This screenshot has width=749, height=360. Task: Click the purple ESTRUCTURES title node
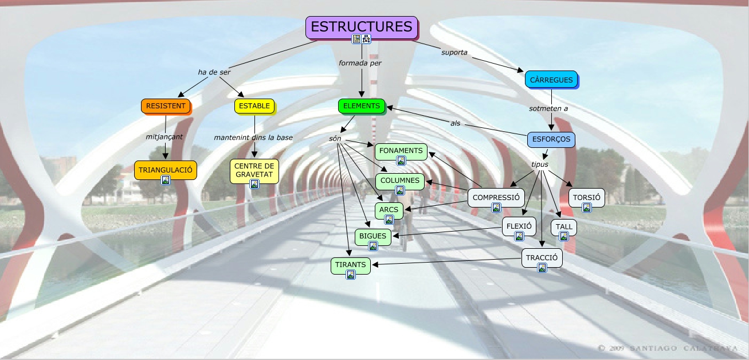pyautogui.click(x=361, y=27)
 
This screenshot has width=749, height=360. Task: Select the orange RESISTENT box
pyautogui.click(x=166, y=106)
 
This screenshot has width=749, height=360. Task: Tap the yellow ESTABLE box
pyautogui.click(x=254, y=106)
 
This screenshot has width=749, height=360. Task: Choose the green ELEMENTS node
pyautogui.click(x=362, y=106)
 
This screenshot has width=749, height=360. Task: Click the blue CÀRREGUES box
pyautogui.click(x=551, y=80)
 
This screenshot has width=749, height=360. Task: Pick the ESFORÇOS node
pyautogui.click(x=550, y=139)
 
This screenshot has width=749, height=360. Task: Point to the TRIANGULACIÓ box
pyautogui.click(x=166, y=170)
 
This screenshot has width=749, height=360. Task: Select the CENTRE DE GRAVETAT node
pyautogui.click(x=254, y=170)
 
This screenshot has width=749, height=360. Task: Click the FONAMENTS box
pyautogui.click(x=401, y=151)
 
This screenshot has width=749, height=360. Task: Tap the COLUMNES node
pyautogui.click(x=400, y=181)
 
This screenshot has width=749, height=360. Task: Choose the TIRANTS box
pyautogui.click(x=351, y=264)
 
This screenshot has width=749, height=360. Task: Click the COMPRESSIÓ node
pyautogui.click(x=496, y=197)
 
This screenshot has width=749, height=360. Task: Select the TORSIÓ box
pyautogui.click(x=586, y=197)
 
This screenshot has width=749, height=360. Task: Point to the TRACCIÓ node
pyautogui.click(x=542, y=257)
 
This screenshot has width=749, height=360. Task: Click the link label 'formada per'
pyautogui.click(x=360, y=62)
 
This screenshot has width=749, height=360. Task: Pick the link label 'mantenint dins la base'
pyautogui.click(x=253, y=138)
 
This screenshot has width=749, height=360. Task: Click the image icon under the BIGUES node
pyautogui.click(x=373, y=246)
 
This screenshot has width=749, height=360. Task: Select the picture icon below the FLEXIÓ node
pyautogui.click(x=519, y=236)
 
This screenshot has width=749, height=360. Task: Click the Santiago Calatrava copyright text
pyautogui.click(x=668, y=348)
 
